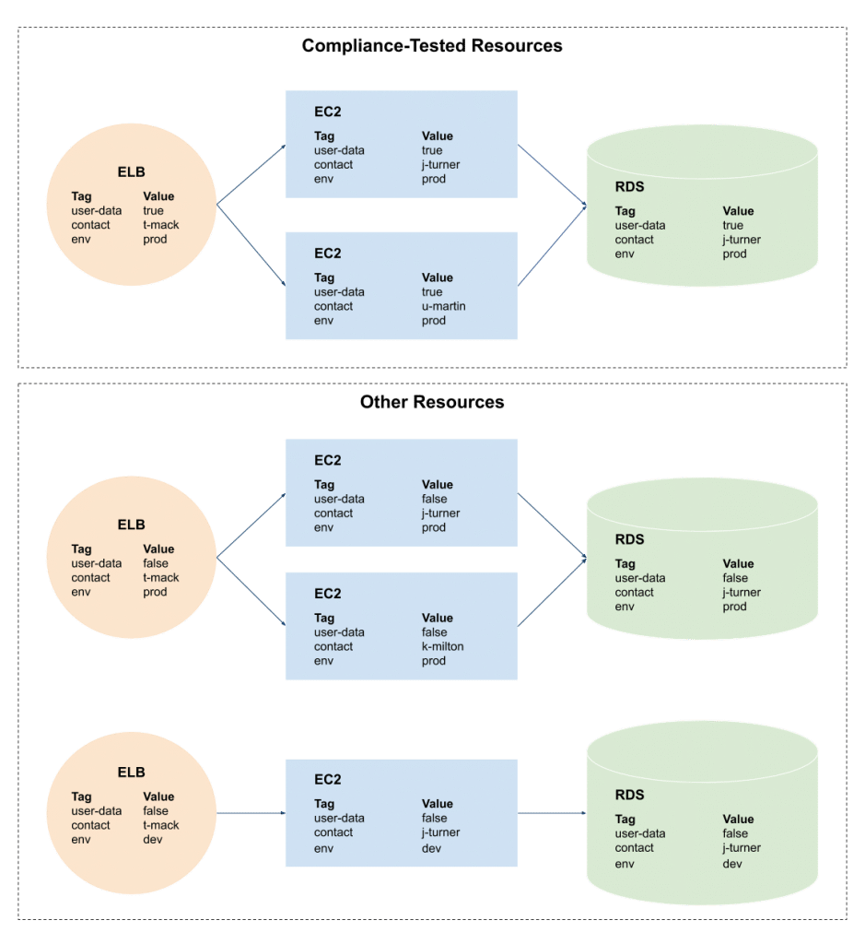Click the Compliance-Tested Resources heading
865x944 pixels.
click(x=432, y=45)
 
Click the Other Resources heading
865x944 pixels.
click(x=432, y=402)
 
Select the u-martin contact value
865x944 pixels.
click(x=444, y=306)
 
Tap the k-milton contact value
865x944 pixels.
click(x=443, y=646)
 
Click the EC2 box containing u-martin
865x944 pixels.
click(x=401, y=286)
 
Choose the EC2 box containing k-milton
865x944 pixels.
click(x=401, y=626)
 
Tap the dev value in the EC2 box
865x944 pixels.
click(x=432, y=847)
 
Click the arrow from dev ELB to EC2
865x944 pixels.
click(x=251, y=813)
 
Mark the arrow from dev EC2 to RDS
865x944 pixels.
click(x=552, y=813)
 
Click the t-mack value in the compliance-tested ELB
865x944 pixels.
click(x=161, y=225)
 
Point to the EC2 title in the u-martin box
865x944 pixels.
click(x=327, y=254)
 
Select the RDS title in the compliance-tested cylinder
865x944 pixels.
click(x=629, y=187)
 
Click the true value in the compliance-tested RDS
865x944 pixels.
click(x=733, y=225)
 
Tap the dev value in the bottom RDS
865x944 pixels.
click(x=732, y=864)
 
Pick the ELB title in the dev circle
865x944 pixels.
click(x=131, y=773)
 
